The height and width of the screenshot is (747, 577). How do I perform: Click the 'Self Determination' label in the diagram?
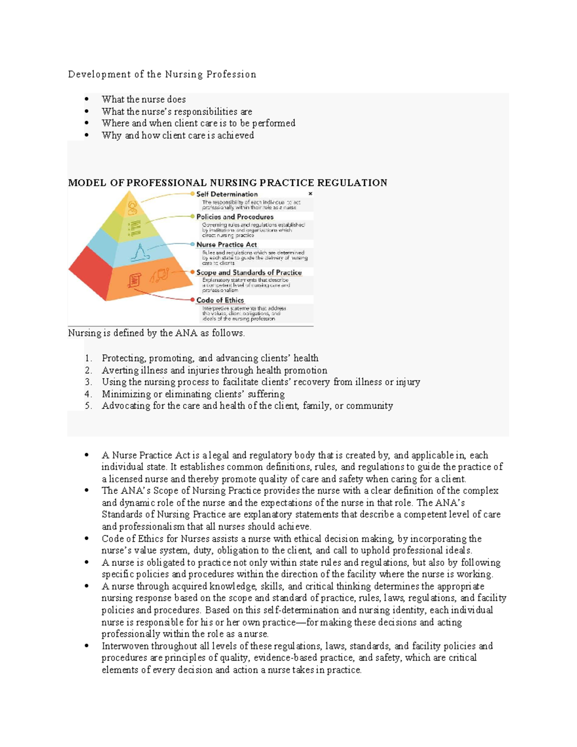[226, 194]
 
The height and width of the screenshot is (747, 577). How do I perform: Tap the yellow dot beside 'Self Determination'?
[193, 194]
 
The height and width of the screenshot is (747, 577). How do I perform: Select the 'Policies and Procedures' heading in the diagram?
[235, 217]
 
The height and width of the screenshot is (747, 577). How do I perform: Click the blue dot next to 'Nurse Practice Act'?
[193, 244]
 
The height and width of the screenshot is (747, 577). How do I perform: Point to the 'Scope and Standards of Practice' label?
[249, 272]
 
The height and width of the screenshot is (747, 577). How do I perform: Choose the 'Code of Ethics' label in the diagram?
[220, 300]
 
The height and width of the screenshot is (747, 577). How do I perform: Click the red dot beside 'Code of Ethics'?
[193, 300]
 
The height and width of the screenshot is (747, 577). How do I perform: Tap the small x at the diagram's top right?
[310, 193]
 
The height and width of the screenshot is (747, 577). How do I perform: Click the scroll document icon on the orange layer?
[135, 280]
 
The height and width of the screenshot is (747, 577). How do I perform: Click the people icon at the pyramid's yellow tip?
[132, 208]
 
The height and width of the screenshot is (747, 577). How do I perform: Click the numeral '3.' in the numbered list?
[88, 382]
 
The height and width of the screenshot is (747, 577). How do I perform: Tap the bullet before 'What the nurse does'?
[87, 100]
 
